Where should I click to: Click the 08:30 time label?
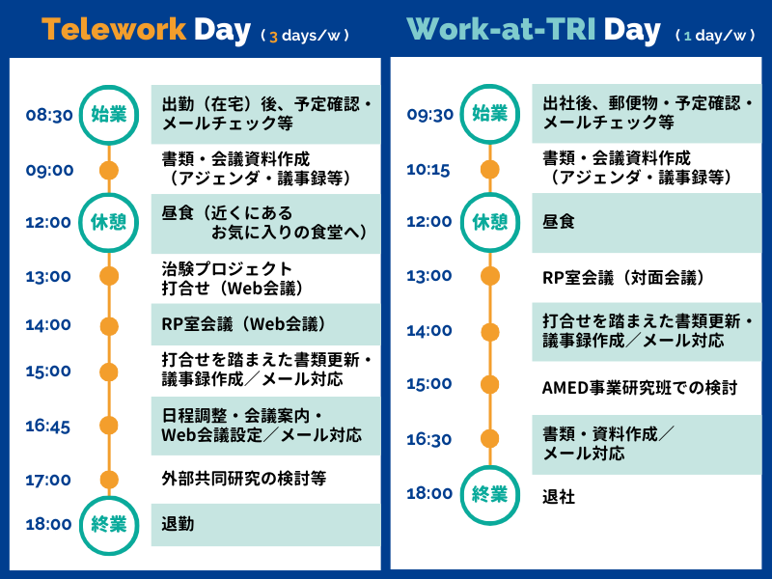point(49,115)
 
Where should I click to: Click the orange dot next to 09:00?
point(109,171)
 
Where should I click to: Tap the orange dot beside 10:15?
point(490,170)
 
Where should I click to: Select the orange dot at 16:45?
point(109,426)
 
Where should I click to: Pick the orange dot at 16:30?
point(490,439)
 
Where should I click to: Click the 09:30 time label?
point(429,114)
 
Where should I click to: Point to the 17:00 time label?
point(48,480)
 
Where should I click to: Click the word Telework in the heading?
point(114,29)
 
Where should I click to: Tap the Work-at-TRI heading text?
point(502,29)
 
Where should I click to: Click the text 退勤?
point(178,524)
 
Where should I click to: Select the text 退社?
point(559,497)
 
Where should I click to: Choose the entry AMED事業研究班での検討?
point(640,388)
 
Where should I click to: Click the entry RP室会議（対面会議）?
point(625,278)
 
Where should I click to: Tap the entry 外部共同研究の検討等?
point(244,478)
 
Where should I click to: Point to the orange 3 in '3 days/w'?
point(274,37)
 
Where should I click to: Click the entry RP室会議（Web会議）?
point(245,324)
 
